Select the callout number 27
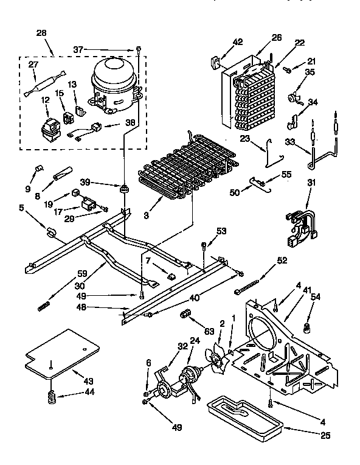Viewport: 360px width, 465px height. point(34,65)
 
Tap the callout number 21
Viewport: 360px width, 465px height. point(311,61)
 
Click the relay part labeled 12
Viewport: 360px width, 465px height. point(45,125)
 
